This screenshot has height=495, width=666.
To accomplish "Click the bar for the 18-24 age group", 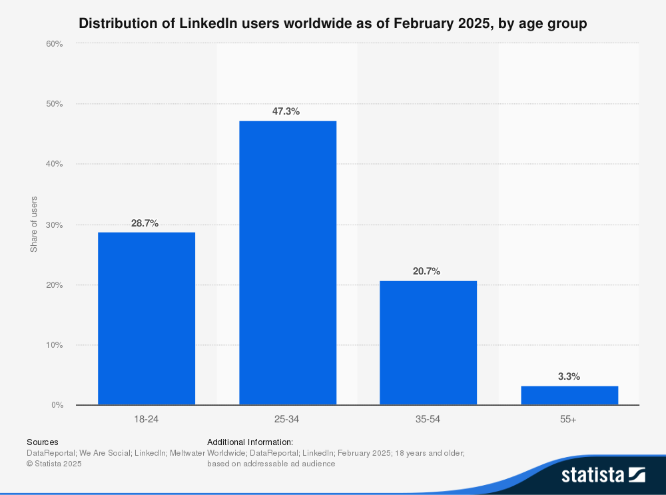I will click(x=147, y=318).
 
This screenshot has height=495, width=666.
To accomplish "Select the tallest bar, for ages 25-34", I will click(x=288, y=262).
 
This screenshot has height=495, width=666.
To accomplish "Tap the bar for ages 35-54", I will click(x=428, y=342).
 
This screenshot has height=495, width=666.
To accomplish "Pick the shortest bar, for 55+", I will click(x=569, y=395).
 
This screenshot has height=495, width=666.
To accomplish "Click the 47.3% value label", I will click(x=286, y=111).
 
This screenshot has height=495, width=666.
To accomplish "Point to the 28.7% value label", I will click(x=145, y=223).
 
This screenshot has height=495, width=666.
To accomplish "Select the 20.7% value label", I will click(x=426, y=272).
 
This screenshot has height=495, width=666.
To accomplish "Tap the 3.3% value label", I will click(x=569, y=376).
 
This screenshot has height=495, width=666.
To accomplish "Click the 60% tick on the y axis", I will click(x=54, y=44).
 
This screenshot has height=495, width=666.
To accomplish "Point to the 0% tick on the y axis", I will click(x=57, y=405).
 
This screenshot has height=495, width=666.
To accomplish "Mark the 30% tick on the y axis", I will click(x=54, y=225).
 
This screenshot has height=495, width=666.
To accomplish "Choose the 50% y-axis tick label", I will click(x=54, y=104).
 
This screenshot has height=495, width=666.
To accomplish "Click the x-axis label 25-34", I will click(x=288, y=419).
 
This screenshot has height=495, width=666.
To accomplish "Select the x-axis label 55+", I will click(x=569, y=419).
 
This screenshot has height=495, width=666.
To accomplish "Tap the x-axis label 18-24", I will click(x=147, y=419).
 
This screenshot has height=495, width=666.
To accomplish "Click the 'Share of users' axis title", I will click(x=34, y=225).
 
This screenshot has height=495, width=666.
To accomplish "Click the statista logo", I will click(x=603, y=474).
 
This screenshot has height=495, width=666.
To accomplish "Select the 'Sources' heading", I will click(x=42, y=442).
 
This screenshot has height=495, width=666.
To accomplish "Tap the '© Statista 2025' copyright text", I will click(x=54, y=464).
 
